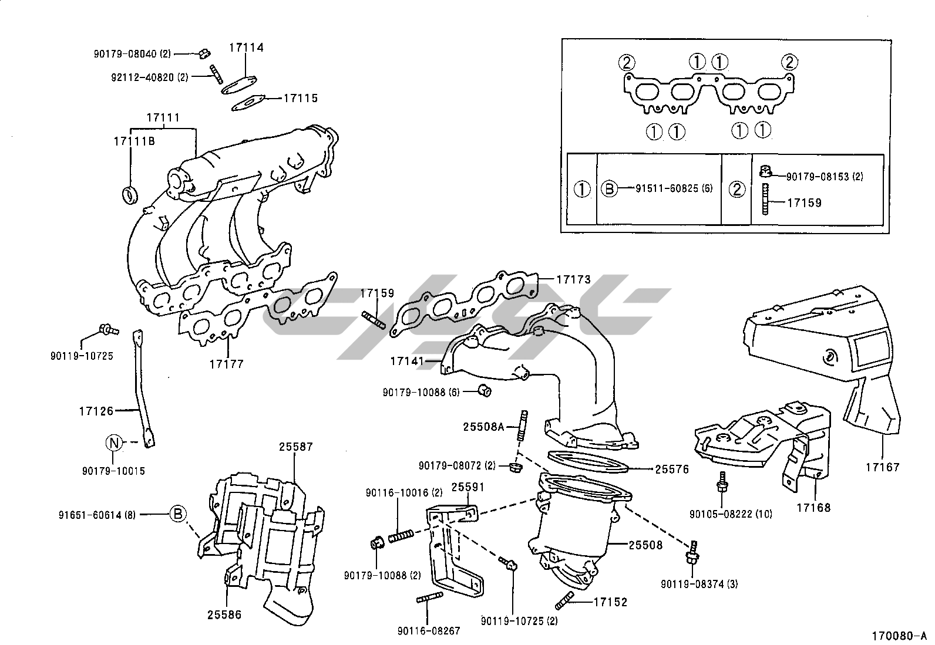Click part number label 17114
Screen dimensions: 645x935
click(x=246, y=48)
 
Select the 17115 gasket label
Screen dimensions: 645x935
click(x=300, y=98)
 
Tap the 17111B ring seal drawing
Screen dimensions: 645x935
click(x=130, y=194)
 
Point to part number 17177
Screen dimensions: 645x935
click(x=226, y=364)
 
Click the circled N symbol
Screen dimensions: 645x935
click(x=114, y=444)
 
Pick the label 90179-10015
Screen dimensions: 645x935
click(x=113, y=471)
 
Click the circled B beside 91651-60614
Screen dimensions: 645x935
click(x=178, y=514)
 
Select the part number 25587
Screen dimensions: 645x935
click(x=296, y=447)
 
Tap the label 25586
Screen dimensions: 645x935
click(x=224, y=615)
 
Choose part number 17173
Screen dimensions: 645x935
click(x=573, y=279)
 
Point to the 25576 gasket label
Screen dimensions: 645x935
click(x=672, y=469)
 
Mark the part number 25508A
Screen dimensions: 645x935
click(x=483, y=427)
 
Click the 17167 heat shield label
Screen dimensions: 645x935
click(x=882, y=467)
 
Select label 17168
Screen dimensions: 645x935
click(x=814, y=507)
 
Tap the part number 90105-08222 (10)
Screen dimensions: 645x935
click(x=731, y=514)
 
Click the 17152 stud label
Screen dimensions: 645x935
click(x=610, y=602)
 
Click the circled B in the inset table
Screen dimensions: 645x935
click(x=610, y=189)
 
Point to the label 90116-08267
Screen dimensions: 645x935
click(x=428, y=631)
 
